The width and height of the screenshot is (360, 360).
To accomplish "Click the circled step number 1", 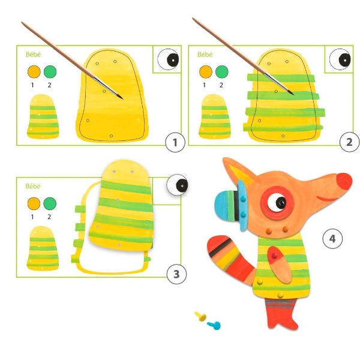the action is pos(175,142).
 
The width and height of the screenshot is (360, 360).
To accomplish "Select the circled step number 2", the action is pos(349,142).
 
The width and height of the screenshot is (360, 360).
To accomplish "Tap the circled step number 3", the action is pos(176,274).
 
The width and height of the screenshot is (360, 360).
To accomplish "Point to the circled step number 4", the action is pos(332,239).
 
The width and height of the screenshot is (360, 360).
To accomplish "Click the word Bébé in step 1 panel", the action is pos(33,55).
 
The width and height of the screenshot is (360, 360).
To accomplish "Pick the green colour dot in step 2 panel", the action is pos(222,71).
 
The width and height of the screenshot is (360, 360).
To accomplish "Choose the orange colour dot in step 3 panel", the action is pos(34,203).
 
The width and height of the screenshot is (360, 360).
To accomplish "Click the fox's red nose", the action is pos(344,181).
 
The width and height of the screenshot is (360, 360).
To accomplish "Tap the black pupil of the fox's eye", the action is pos(281,203).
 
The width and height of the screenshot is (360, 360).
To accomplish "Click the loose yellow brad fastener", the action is pos(200,316).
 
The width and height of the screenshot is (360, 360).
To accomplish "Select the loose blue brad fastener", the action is pos(214,325).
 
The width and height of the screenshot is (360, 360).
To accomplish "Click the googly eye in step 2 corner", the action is pos(340,59).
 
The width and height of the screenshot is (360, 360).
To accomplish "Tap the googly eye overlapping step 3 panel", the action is pos(177,185).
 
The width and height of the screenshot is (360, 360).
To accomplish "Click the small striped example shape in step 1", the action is pos(43,116).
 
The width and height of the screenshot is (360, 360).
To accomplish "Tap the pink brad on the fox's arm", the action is pos(274,256).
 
